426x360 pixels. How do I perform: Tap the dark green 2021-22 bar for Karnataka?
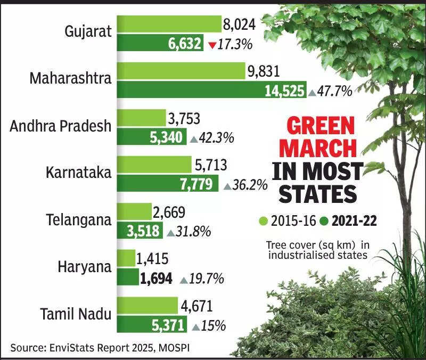(167, 184)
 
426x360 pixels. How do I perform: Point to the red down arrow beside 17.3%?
(212, 45)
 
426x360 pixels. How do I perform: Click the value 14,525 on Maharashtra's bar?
(285, 91)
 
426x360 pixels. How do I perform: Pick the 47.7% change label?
(334, 91)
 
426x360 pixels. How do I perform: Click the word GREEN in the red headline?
(321, 127)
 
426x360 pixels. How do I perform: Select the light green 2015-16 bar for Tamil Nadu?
(148, 306)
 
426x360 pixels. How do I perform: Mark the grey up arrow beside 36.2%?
(227, 186)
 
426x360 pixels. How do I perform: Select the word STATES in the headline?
(317, 194)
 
